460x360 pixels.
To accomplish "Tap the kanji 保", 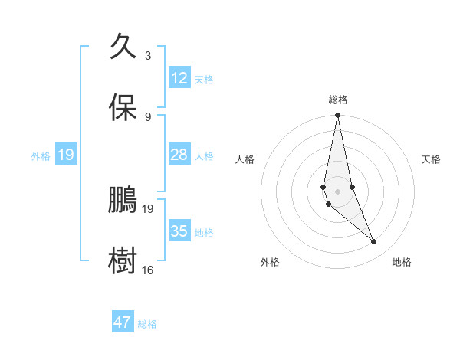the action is [x=123, y=107].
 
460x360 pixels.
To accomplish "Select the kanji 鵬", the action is [x=123, y=199].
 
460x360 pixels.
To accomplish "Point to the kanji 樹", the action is [x=123, y=260].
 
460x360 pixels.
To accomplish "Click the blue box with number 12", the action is [x=179, y=78].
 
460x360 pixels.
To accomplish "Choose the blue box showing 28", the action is [x=179, y=155].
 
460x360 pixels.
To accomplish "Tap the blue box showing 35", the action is [x=179, y=231].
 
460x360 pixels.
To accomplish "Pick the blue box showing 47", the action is [x=123, y=322].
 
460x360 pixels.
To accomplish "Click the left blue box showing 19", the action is [x=65, y=155].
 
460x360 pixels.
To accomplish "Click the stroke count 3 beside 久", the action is [x=147, y=56].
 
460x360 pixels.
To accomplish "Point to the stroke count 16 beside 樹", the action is [x=148, y=270].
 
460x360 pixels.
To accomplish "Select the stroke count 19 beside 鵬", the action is [x=148, y=208].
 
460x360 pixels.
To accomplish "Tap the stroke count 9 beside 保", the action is [x=147, y=116].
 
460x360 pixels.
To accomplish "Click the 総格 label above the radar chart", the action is [x=338, y=100].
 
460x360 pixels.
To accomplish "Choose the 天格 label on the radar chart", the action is [x=431, y=159].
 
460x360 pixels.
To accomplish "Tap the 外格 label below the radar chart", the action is [x=270, y=262].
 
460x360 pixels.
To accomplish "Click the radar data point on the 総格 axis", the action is [x=337, y=116].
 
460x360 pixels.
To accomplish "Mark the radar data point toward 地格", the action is [x=374, y=242].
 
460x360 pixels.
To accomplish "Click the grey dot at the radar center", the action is [x=337, y=191].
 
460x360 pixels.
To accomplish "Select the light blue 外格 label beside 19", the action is [x=41, y=155].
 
